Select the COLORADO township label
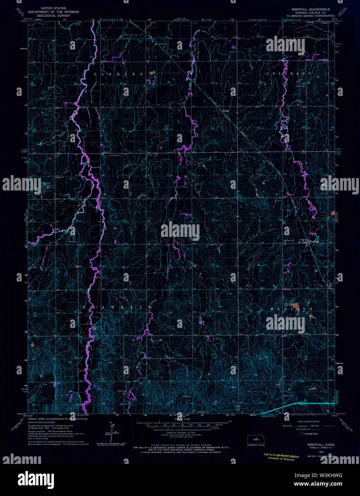pyautogui.click(x=289, y=73)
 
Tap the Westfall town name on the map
pyautogui.click(x=314, y=242)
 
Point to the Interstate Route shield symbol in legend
pyautogui.click(x=301, y=434)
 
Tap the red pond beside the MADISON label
pyautogui.click(x=296, y=305)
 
